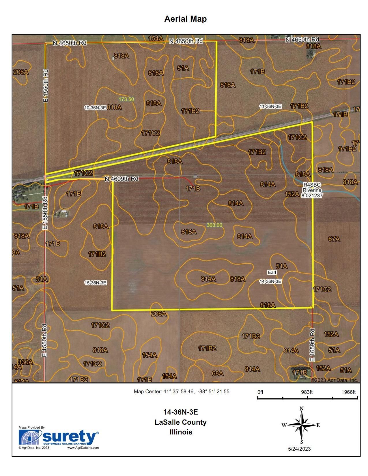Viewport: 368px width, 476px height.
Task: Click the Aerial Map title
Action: [185, 19]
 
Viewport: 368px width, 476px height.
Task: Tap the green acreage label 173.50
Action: [126, 99]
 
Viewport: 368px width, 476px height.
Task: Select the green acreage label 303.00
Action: [214, 225]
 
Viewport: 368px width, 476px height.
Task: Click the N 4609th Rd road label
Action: [122, 179]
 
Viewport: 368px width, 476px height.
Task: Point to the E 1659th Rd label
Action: [312, 345]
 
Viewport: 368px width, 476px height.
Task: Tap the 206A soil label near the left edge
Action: [21, 72]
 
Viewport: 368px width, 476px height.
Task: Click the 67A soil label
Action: [334, 239]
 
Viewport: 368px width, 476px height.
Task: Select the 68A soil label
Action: [217, 373]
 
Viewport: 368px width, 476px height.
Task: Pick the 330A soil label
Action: [26, 362]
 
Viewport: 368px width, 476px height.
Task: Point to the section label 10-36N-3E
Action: [95, 108]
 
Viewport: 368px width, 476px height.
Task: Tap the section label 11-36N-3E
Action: [270, 106]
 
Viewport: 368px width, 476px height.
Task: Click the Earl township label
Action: [272, 272]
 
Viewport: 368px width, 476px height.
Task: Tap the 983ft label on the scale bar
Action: [307, 392]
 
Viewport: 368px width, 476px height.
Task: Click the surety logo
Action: [59, 438]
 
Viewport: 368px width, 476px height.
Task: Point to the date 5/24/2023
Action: [299, 449]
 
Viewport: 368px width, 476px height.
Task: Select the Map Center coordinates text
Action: [182, 391]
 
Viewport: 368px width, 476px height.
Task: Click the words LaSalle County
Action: [181, 422]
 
